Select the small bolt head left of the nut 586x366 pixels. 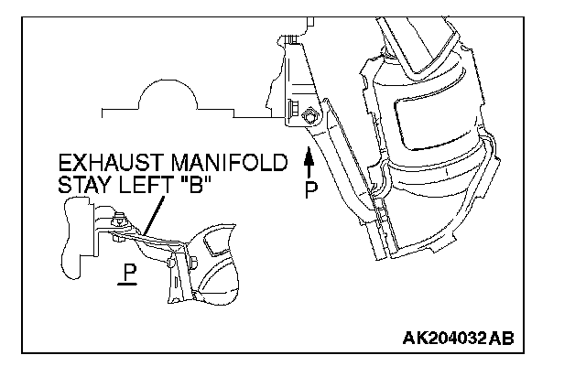pyautogui.click(x=291, y=111)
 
